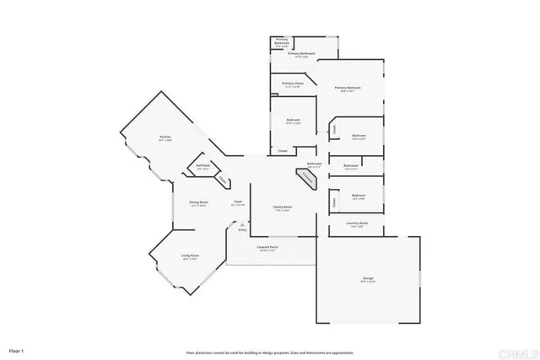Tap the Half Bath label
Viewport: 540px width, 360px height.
click(203, 165)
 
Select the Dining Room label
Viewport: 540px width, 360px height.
click(199, 202)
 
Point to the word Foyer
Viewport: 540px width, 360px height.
click(238, 201)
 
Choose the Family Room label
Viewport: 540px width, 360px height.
click(282, 207)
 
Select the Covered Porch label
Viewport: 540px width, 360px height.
click(268, 247)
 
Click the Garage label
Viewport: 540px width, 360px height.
click(369, 278)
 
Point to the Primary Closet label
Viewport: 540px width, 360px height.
click(293, 83)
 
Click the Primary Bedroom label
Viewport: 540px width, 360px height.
click(347, 87)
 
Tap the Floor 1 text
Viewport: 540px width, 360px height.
click(17, 348)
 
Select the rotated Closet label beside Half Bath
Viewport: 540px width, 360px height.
click(222, 180)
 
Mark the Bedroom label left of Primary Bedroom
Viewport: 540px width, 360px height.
click(293, 121)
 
